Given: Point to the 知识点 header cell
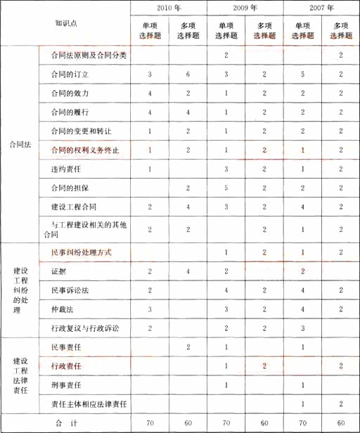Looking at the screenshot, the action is [66, 24].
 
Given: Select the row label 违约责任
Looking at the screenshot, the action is [65, 169].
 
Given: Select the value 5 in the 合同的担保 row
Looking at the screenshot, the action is [226, 188].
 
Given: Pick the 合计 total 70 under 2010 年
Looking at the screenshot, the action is [150, 423].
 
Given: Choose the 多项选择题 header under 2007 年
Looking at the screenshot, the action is [340, 31].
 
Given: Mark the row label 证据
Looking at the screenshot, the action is [58, 271].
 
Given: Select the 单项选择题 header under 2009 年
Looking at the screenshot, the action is [226, 31].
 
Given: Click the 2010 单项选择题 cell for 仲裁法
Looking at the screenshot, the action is [150, 309].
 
